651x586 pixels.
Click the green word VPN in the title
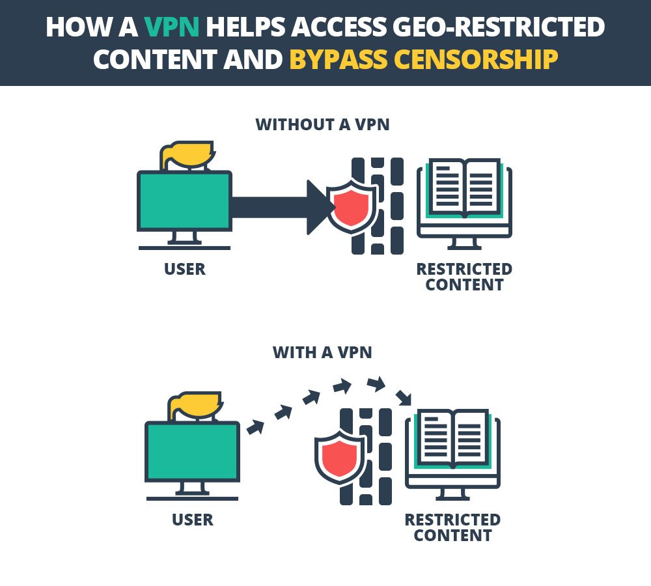tap(171, 27)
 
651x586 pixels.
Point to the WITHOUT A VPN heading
tap(322, 124)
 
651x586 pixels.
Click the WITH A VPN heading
tap(322, 353)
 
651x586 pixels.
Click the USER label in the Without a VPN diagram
tap(185, 268)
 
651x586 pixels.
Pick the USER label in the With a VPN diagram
tap(193, 520)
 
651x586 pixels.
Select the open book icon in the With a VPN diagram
tap(452, 438)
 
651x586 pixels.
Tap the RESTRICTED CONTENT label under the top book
tap(464, 277)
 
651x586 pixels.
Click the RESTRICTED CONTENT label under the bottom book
tap(452, 527)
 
